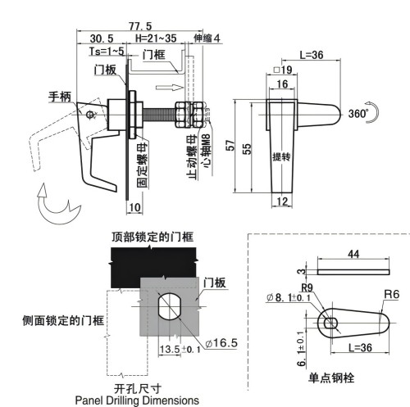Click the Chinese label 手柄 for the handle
(60, 97)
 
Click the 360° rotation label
(360, 113)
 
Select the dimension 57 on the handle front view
(232, 144)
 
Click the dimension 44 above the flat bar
(353, 256)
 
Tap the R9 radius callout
(307, 287)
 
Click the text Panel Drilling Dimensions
(136, 400)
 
